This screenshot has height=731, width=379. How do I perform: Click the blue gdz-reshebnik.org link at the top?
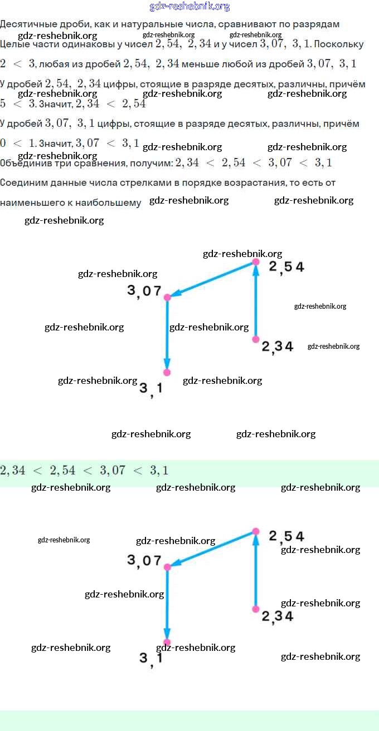click(189, 7)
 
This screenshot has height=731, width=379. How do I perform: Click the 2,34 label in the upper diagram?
click(278, 347)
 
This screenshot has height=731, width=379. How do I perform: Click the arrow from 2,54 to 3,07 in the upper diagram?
click(212, 279)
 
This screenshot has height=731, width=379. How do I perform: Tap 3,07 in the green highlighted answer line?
click(113, 471)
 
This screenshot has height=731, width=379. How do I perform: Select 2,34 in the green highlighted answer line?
click(13, 471)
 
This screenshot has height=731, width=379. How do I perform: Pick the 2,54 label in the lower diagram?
click(286, 536)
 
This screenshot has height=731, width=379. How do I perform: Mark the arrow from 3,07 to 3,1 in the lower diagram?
click(167, 604)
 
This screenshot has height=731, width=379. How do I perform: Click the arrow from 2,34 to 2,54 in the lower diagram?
click(256, 570)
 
